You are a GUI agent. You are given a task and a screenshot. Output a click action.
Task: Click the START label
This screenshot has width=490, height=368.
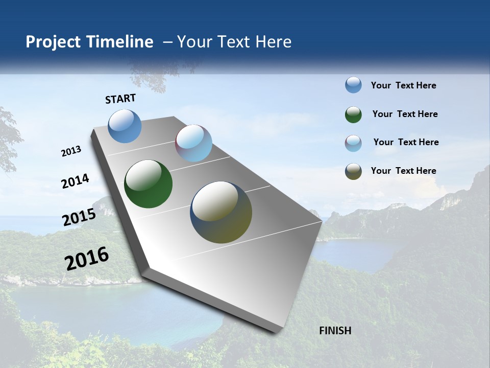tap(120, 98)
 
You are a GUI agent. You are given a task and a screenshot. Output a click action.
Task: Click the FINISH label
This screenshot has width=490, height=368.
tap(335, 331)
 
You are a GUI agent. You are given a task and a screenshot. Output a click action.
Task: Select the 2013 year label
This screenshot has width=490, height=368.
tap(71, 151)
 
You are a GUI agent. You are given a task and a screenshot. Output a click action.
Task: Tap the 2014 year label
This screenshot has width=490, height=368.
tap(76, 181)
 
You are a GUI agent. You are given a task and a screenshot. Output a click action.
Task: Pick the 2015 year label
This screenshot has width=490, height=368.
tap(79, 217)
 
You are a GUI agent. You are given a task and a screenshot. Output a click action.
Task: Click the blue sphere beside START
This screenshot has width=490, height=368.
tap(125, 126)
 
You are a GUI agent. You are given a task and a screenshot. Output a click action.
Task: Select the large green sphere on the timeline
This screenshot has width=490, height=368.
tap(148, 184)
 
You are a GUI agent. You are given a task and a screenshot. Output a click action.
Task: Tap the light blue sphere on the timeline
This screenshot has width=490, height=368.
tap(193, 143)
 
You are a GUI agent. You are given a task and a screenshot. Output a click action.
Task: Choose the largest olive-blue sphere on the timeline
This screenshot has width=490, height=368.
tap(221, 212)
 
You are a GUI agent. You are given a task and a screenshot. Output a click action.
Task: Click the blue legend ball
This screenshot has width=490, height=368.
tap(353, 85)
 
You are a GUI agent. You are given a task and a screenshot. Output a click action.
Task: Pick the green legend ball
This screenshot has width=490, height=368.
tap(353, 114)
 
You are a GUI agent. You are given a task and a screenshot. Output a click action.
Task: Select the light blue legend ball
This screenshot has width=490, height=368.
tap(353, 143)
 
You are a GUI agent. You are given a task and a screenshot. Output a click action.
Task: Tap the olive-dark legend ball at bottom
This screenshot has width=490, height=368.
tap(353, 171)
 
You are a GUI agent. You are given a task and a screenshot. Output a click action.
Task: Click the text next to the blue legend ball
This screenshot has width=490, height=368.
tap(403, 85)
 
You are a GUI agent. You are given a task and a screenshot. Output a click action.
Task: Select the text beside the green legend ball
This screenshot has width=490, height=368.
tap(405, 114)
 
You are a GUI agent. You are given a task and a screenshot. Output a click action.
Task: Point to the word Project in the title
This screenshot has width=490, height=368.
tap(53, 42)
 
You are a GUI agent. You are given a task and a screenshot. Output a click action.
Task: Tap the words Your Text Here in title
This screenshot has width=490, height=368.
tap(234, 42)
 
